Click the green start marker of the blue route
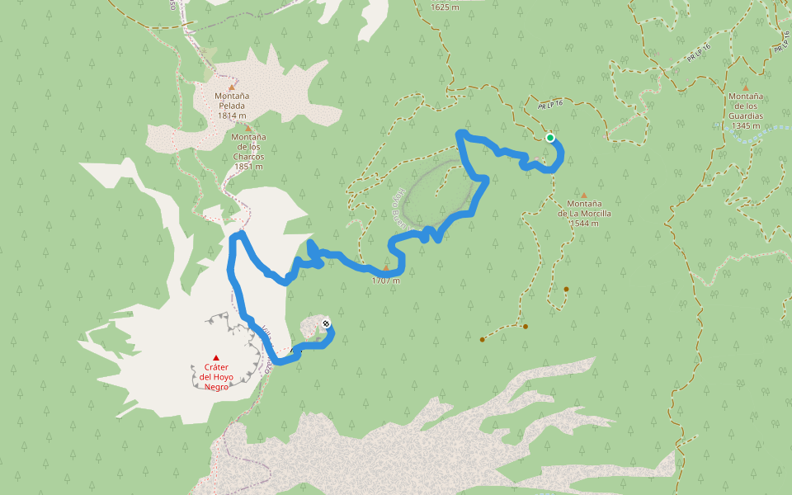(x=549, y=138)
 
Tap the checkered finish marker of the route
(x=326, y=323)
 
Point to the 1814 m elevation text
(x=232, y=116)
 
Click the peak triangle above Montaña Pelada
(x=232, y=87)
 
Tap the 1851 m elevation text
(x=248, y=166)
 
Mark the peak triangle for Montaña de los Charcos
(x=247, y=129)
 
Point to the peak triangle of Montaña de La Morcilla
(x=584, y=196)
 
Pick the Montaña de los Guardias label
(x=745, y=106)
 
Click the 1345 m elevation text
(x=745, y=126)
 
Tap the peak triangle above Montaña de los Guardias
(x=745, y=87)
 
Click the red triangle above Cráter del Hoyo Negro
(x=216, y=357)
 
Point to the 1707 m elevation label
(x=385, y=280)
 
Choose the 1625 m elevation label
(x=445, y=7)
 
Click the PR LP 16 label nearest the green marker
(x=550, y=105)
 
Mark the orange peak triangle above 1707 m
(x=385, y=267)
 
